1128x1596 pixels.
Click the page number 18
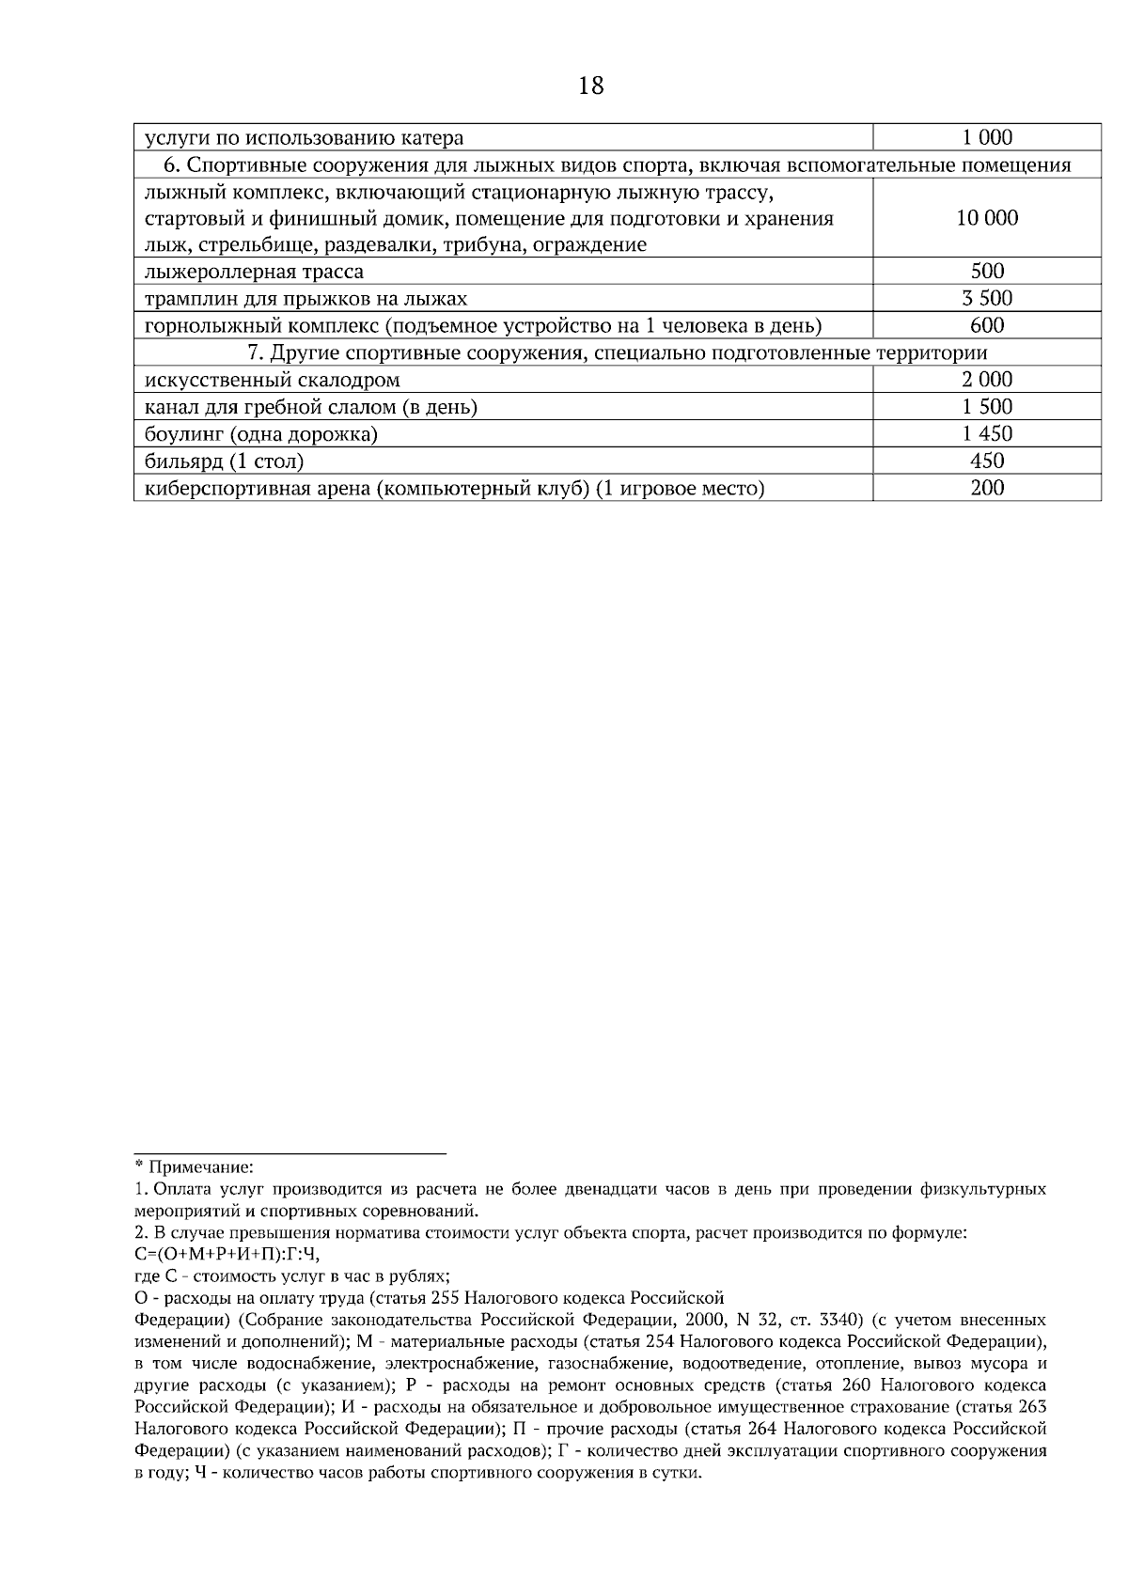[591, 86]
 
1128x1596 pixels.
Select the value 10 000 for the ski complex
[987, 218]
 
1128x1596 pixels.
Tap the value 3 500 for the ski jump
[987, 299]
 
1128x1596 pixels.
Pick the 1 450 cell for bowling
[987, 434]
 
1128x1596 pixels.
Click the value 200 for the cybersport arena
[987, 488]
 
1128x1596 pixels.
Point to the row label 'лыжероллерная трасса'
[254, 273]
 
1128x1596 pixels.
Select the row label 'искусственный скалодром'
[273, 381]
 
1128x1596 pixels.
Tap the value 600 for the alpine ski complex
[987, 326]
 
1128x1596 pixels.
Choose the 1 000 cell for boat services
[987, 138]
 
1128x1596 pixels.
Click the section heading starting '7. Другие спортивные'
[618, 353]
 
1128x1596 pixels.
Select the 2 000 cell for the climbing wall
[987, 381]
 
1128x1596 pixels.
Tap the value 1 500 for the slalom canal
[987, 407]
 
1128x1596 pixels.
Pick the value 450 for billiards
[987, 462]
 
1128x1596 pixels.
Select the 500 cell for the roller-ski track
[987, 273]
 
